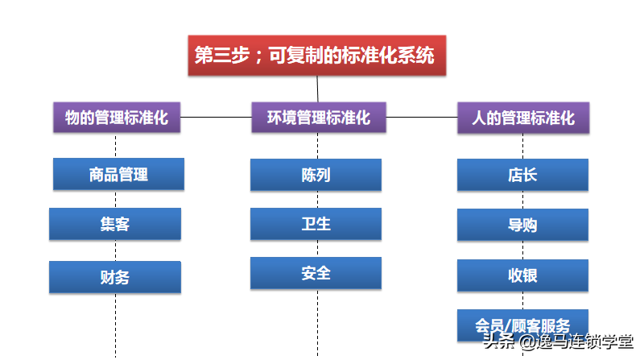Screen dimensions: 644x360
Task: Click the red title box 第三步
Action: pyautogui.click(x=317, y=56)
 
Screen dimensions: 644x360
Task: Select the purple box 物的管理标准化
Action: pyautogui.click(x=117, y=118)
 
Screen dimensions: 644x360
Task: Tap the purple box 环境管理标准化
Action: pyautogui.click(x=319, y=118)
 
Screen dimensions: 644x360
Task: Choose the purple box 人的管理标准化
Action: pyautogui.click(x=523, y=118)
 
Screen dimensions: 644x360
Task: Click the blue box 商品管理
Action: pyautogui.click(x=118, y=174)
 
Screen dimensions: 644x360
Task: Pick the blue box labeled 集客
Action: pyautogui.click(x=115, y=224)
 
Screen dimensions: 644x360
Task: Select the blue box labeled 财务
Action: pyautogui.click(x=115, y=277)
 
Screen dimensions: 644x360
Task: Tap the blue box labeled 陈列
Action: pyautogui.click(x=316, y=175)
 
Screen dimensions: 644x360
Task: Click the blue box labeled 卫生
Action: pyautogui.click(x=316, y=224)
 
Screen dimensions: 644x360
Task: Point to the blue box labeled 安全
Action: pyautogui.click(x=316, y=273)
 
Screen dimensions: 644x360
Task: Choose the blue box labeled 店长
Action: pyautogui.click(x=522, y=175)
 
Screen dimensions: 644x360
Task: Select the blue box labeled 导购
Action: pyautogui.click(x=522, y=225)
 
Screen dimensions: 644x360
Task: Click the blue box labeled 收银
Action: pyautogui.click(x=522, y=275)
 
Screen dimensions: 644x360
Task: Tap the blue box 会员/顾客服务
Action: pyautogui.click(x=522, y=325)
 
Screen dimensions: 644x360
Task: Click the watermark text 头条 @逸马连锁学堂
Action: pyautogui.click(x=559, y=341)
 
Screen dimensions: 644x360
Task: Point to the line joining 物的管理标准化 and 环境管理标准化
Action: pyautogui.click(x=216, y=117)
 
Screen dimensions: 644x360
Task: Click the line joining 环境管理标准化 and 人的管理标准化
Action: pyautogui.click(x=422, y=117)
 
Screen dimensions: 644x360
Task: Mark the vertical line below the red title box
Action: pyautogui.click(x=317, y=89)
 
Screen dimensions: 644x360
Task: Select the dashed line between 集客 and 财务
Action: pyautogui.click(x=115, y=250)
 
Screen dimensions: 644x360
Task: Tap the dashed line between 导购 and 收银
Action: pyautogui.click(x=522, y=250)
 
